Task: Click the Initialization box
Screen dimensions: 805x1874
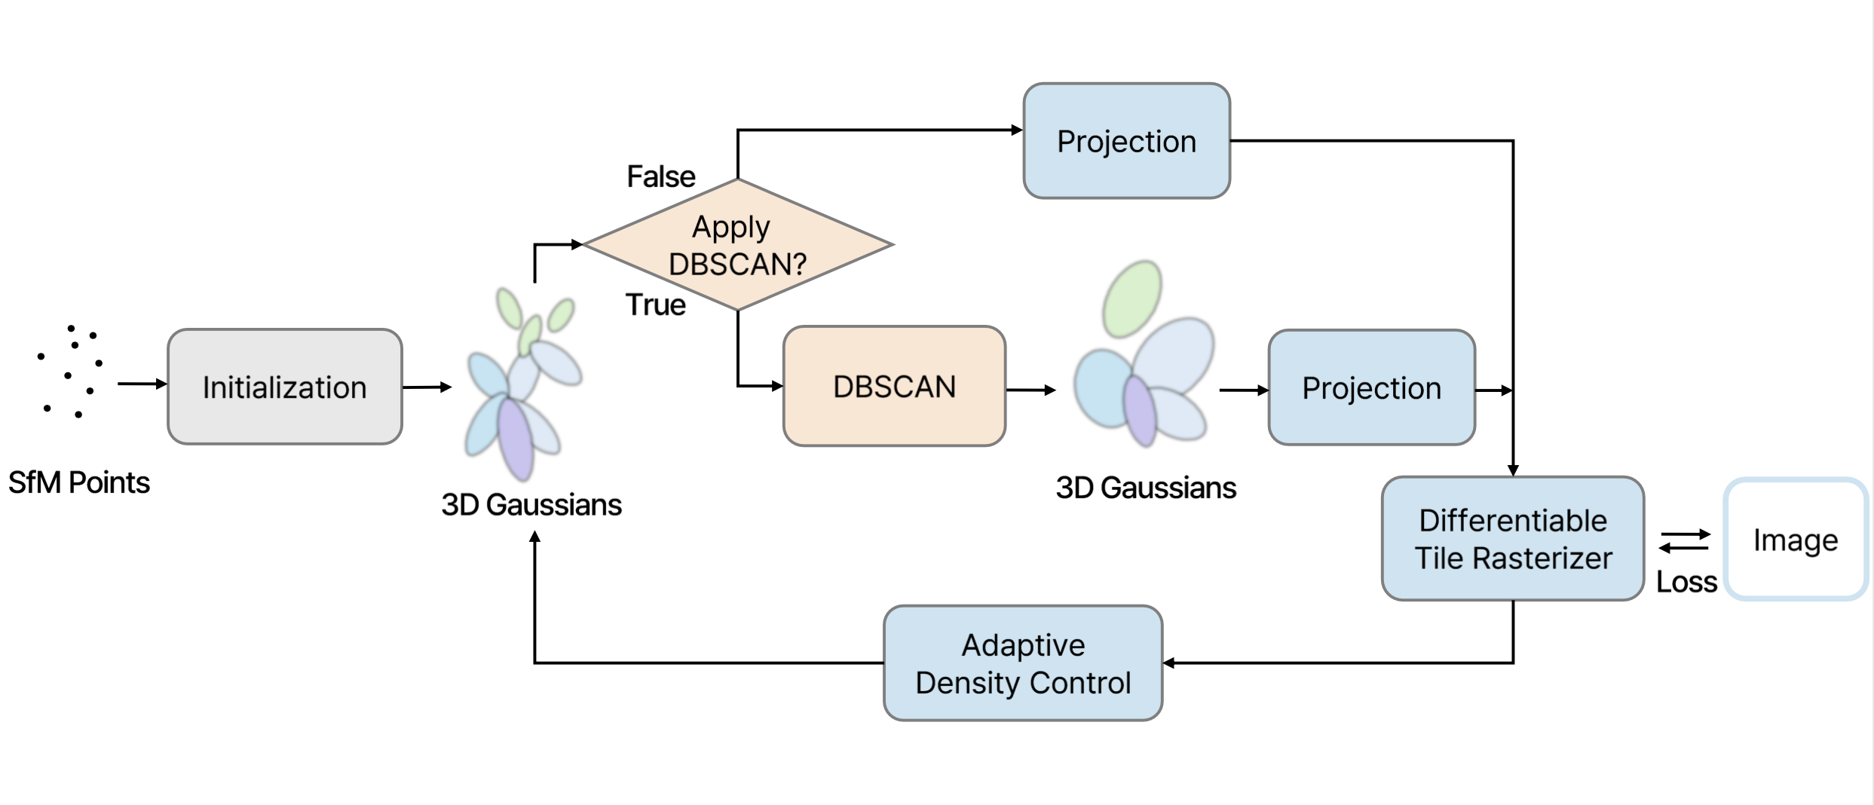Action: click(284, 387)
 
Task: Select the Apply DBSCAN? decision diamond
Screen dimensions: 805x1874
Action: click(737, 244)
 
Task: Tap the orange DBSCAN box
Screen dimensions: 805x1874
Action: click(894, 386)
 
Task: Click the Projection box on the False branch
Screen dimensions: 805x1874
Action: click(1126, 141)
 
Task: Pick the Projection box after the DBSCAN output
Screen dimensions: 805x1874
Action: click(1371, 387)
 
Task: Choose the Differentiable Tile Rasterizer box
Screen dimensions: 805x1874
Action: click(1512, 538)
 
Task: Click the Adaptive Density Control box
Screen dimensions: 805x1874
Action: click(1022, 663)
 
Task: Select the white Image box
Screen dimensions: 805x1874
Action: click(1795, 540)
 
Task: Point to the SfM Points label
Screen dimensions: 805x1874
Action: click(79, 482)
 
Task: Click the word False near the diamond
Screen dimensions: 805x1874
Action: click(661, 176)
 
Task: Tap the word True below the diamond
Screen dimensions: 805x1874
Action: click(656, 305)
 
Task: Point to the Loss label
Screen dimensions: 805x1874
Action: click(1686, 582)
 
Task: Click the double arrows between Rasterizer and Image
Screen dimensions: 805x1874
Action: click(1685, 540)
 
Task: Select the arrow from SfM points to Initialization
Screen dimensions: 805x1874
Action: click(142, 384)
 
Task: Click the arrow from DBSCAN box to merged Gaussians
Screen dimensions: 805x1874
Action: click(1030, 390)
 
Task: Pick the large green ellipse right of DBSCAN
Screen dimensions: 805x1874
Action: click(1131, 299)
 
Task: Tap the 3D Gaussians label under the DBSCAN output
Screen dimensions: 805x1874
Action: click(1146, 488)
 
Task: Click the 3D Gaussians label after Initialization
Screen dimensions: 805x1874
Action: click(531, 504)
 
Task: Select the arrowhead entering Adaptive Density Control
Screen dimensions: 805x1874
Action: click(1169, 663)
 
